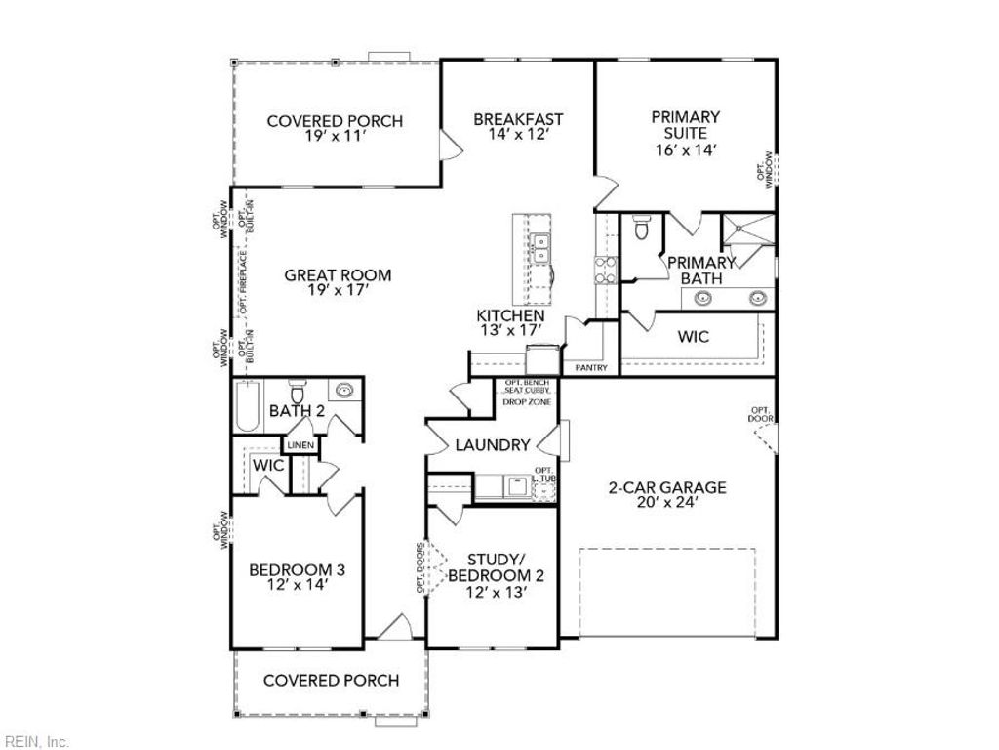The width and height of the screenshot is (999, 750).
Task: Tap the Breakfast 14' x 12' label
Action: pyautogui.click(x=518, y=128)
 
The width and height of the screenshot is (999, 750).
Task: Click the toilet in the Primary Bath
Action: pyautogui.click(x=641, y=229)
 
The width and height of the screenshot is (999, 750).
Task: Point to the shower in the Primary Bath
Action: pyautogui.click(x=746, y=231)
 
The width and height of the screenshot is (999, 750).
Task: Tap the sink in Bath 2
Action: pyautogui.click(x=344, y=391)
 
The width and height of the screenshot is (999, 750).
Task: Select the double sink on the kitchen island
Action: pyautogui.click(x=539, y=248)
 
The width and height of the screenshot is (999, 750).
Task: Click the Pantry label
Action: pyautogui.click(x=591, y=368)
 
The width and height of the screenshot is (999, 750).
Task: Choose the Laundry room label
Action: pyautogui.click(x=493, y=445)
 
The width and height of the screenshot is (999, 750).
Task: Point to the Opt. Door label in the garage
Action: pyautogui.click(x=761, y=414)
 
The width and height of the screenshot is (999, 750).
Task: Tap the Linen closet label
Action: pyautogui.click(x=299, y=445)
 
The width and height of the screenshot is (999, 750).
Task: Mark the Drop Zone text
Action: pyautogui.click(x=527, y=401)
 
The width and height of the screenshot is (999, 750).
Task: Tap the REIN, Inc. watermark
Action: pyautogui.click(x=36, y=742)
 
